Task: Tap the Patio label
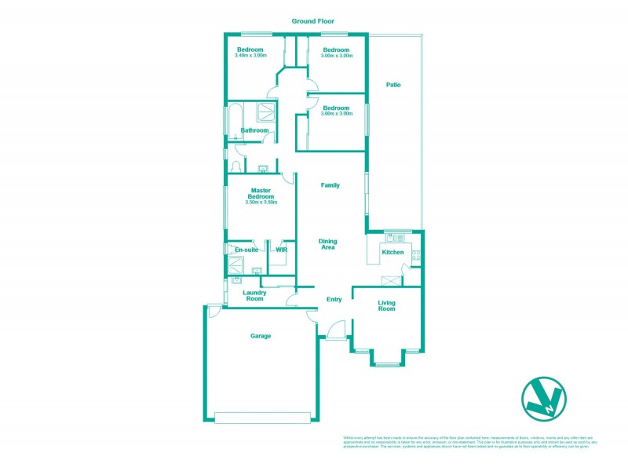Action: point(393,85)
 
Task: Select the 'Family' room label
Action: point(330,185)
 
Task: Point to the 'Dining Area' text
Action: point(327,244)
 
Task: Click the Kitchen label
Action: point(392,252)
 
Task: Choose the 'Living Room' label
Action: point(387,305)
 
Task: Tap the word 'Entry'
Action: point(334,299)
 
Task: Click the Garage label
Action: point(261,336)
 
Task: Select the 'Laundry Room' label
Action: point(254,296)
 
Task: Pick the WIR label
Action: point(281,250)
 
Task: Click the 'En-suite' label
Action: point(246,250)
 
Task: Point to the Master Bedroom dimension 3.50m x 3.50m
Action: point(261,203)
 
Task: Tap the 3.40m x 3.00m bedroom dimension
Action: point(250,56)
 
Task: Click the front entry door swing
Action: point(336,330)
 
